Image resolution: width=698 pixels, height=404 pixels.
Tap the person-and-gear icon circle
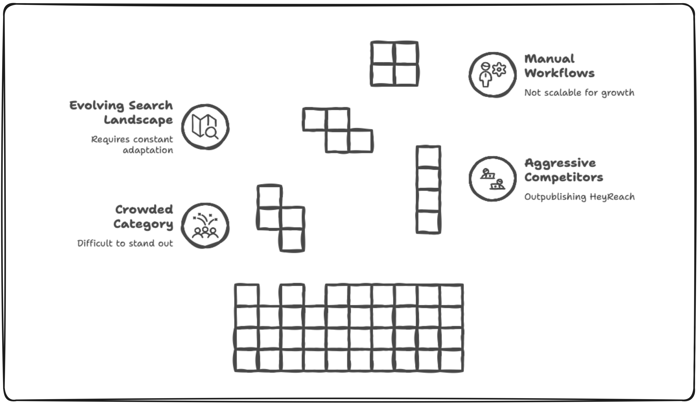pyautogui.click(x=492, y=75)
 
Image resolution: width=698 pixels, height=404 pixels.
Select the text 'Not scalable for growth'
pyautogui.click(x=579, y=93)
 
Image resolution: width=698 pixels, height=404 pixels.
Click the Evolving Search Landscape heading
pyautogui.click(x=121, y=112)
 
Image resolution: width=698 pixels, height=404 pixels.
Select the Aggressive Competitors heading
pyautogui.click(x=563, y=170)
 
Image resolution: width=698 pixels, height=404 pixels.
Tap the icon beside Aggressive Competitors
pyautogui.click(x=492, y=179)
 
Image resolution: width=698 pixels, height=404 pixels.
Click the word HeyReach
pyautogui.click(x=612, y=197)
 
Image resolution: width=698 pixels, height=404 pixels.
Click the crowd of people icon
pyautogui.click(x=205, y=226)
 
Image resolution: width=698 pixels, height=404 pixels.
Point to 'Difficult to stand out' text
pyautogui.click(x=125, y=243)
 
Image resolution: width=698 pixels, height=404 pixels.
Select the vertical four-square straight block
pyautogui.click(x=428, y=190)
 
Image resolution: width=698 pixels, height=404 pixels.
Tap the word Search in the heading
pyautogui.click(x=150, y=106)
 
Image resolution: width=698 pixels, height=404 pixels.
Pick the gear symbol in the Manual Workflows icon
pyautogui.click(x=499, y=69)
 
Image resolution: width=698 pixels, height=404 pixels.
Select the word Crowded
pyautogui.click(x=144, y=210)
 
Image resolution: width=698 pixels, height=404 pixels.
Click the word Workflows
pyautogui.click(x=559, y=73)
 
